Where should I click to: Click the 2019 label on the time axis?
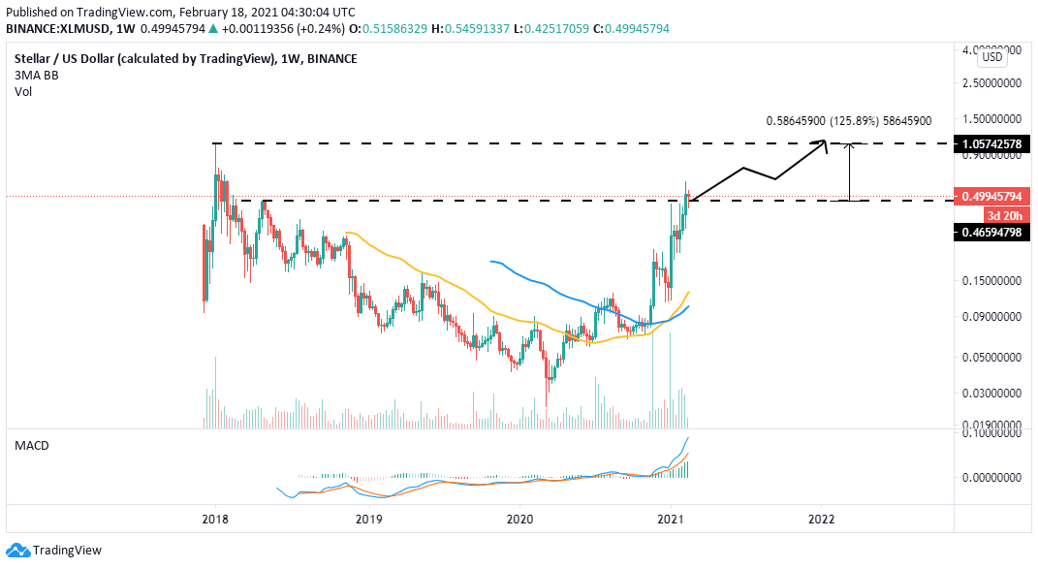367,519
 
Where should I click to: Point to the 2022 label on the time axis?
821,519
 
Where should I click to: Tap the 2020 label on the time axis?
520,519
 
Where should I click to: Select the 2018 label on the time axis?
214,519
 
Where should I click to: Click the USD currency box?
992,57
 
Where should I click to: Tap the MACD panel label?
31,445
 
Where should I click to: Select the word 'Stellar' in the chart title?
34,58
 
